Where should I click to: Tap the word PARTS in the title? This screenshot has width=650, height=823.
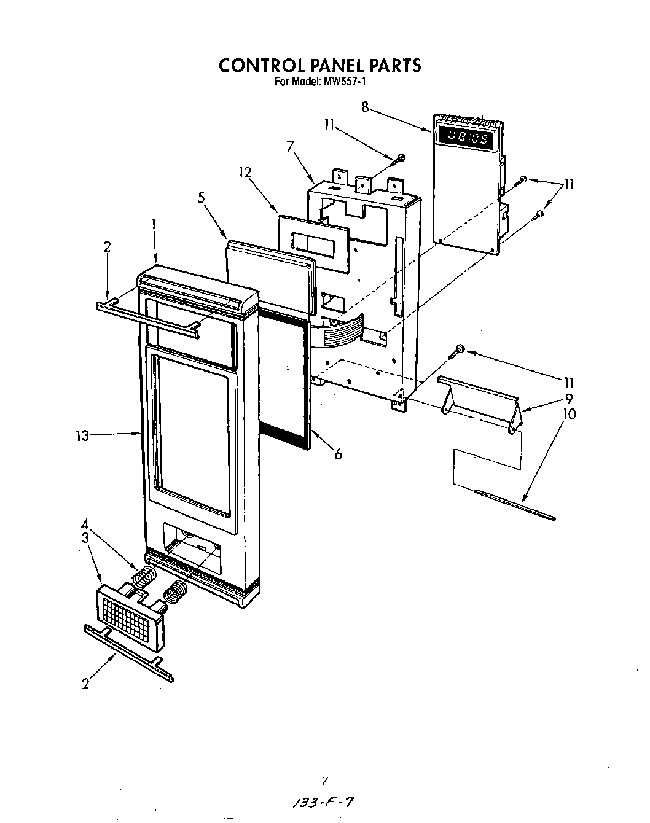[395, 65]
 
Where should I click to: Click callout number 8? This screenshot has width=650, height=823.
[365, 107]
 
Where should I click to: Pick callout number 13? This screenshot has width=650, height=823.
[82, 435]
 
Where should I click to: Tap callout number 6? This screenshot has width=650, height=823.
[338, 454]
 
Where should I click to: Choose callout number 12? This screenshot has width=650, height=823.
[245, 173]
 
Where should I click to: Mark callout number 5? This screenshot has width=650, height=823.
[201, 197]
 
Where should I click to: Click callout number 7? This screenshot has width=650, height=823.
[290, 146]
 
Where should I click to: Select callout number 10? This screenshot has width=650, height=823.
[570, 414]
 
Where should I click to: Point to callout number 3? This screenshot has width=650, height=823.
[85, 537]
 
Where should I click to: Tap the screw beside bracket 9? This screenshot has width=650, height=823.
[457, 351]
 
